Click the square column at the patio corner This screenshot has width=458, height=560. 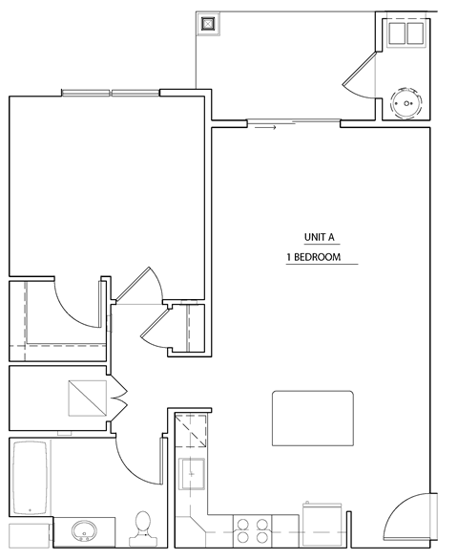[x=209, y=25]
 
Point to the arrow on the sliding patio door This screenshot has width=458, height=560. [x=266, y=125]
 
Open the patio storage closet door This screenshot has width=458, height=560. [x=360, y=76]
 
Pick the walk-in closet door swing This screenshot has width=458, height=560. [x=76, y=301]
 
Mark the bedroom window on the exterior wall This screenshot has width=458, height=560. [x=112, y=93]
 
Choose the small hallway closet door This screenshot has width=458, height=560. [x=153, y=330]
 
